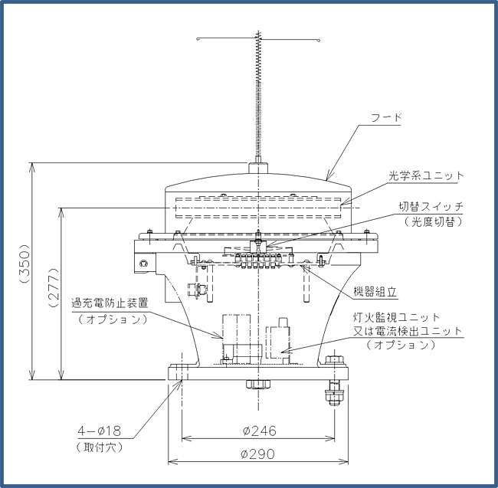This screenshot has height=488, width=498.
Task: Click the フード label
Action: tap(386, 118)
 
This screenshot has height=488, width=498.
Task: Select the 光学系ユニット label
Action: tap(426, 175)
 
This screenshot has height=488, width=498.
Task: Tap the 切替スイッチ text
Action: tap(431, 207)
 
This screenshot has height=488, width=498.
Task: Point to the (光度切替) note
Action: tap(434, 221)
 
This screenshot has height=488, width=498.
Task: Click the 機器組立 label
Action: tap(375, 291)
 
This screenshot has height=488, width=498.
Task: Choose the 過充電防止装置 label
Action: tap(110, 303)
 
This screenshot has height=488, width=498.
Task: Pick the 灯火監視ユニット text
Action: tap(396, 317)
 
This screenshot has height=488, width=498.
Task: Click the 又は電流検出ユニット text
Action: tap(408, 331)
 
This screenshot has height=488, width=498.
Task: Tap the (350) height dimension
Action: tap(25, 264)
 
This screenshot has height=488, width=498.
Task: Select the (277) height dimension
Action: tap(54, 287)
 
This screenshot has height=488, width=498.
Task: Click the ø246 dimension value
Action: tap(260, 431)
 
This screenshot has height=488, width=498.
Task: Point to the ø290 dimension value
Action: tap(258, 454)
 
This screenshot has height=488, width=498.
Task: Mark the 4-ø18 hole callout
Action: tap(100, 431)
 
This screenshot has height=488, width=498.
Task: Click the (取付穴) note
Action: tap(100, 447)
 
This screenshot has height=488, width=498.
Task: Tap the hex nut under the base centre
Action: tap(258, 384)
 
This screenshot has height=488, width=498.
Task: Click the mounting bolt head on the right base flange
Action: tap(335, 360)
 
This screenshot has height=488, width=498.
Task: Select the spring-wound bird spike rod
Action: tap(258, 95)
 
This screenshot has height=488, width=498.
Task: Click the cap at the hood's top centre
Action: tap(258, 168)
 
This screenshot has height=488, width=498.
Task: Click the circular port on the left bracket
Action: tap(143, 264)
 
